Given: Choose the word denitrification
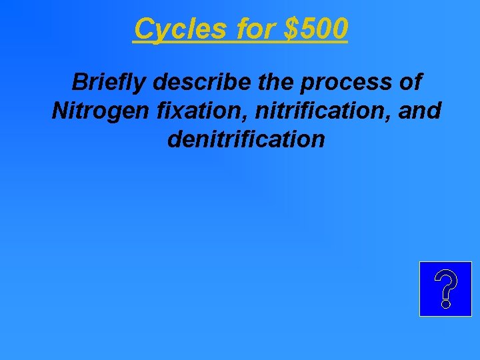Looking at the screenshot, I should [x=246, y=139].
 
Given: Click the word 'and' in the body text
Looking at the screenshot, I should [x=419, y=111].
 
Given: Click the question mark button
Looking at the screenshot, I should [x=445, y=289].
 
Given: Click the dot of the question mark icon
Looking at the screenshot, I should [x=445, y=303].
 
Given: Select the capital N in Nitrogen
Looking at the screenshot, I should [x=60, y=111].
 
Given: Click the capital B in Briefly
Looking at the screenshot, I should [x=79, y=82].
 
